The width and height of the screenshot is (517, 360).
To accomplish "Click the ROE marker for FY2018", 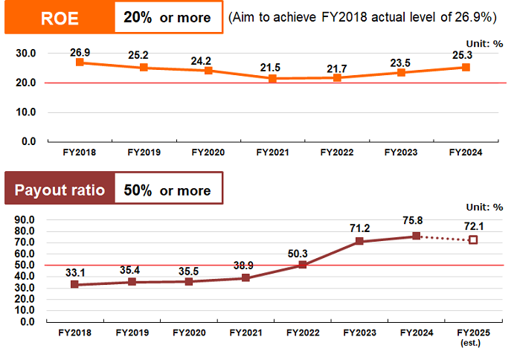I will click(x=80, y=62).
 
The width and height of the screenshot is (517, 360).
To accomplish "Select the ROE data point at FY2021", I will click(x=272, y=78).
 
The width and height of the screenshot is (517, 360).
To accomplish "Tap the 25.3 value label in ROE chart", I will click(x=466, y=54).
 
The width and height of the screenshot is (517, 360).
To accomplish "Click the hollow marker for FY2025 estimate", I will click(x=473, y=240).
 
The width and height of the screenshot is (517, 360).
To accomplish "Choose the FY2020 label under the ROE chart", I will click(x=208, y=152).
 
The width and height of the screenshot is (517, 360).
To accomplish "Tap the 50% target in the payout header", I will click(x=138, y=190).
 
